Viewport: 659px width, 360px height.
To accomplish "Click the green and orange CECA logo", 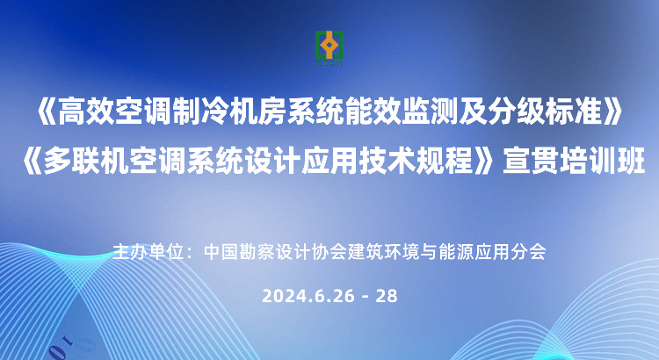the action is [329, 48].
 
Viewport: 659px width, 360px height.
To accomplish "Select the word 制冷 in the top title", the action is [200, 113].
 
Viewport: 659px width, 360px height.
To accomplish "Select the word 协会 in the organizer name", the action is [329, 252].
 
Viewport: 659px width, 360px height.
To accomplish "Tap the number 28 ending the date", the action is [387, 296].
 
